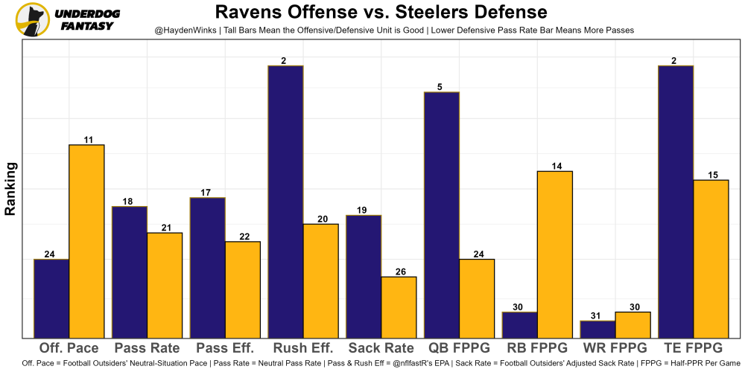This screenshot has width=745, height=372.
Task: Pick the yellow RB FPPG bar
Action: (554, 254)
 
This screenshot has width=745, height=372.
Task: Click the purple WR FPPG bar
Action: (597, 329)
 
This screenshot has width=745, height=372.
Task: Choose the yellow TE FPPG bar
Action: (710, 258)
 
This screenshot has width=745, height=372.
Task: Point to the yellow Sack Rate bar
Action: (399, 307)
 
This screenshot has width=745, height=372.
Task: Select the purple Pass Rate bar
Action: (129, 272)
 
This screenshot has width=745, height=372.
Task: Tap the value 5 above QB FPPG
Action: (440, 87)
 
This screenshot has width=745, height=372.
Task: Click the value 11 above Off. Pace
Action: (87, 139)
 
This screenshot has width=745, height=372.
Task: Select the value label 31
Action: (597, 315)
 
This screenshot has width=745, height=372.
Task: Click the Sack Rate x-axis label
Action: (381, 348)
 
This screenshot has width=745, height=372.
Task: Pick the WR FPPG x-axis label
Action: (615, 348)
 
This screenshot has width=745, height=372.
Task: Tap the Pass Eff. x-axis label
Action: (225, 348)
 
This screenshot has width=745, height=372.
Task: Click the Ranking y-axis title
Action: (10, 188)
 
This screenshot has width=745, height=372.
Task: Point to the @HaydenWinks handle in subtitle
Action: (186, 30)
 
